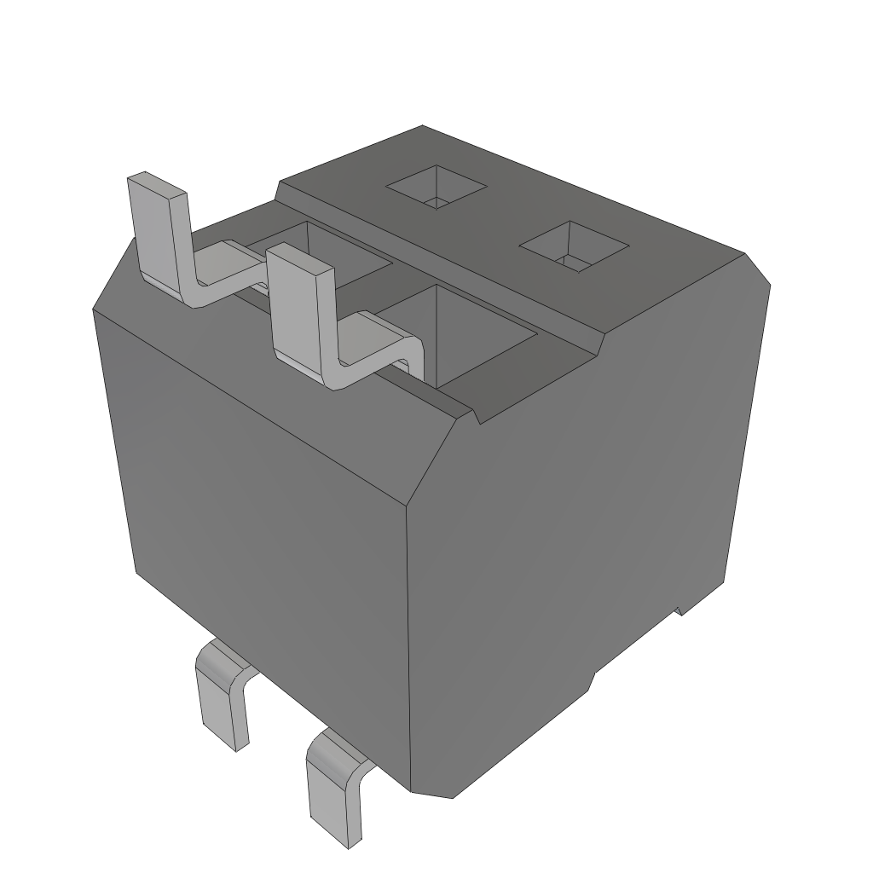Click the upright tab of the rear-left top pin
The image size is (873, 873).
158,234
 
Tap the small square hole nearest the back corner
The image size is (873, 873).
436,187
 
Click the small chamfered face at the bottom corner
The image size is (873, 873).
433,791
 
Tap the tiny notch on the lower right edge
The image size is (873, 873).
679,609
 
